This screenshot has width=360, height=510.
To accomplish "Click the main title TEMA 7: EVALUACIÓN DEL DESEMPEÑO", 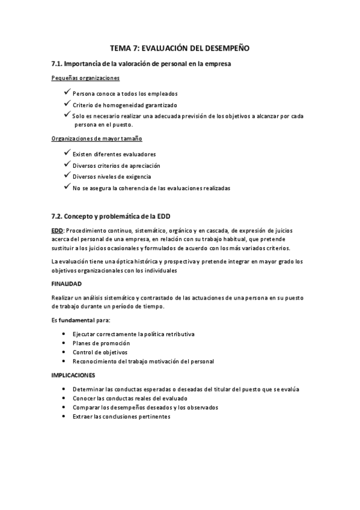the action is [x=180, y=47].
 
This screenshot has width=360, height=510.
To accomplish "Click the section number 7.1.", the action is [x=57, y=63].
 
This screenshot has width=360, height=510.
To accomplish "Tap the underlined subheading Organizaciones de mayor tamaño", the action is [x=97, y=140].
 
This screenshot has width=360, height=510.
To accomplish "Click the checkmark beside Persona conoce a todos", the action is [x=66, y=93].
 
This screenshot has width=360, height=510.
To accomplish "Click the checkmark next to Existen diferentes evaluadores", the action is [x=66, y=154].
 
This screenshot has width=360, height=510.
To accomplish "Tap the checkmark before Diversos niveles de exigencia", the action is [x=66, y=177].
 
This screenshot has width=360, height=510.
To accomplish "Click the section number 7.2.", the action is [x=57, y=216].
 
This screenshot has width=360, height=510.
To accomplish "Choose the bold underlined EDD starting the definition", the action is [x=57, y=230].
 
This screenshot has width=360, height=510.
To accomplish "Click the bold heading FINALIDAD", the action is [x=66, y=283].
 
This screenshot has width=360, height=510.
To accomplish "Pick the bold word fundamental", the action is [x=76, y=320].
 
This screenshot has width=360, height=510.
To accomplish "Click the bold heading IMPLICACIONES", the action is [x=73, y=375].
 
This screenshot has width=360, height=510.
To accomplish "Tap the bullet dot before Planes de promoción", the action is [x=64, y=343].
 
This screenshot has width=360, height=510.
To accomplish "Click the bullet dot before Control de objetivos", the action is [x=64, y=352].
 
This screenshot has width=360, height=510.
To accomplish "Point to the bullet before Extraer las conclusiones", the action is [x=64, y=416].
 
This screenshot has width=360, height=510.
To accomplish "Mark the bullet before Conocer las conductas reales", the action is [x=64, y=398].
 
